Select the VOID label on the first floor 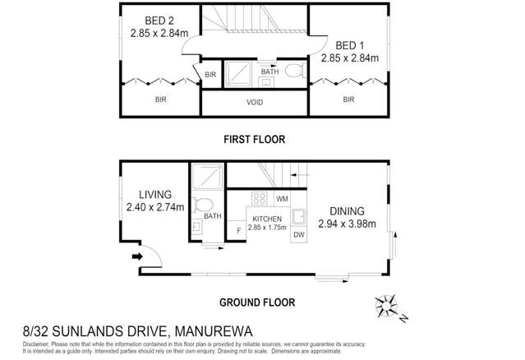click(x=255, y=103)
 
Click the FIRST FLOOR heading click(x=255, y=140)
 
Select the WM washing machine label click(x=282, y=199)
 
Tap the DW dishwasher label click(x=299, y=235)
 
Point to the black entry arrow click(x=137, y=256)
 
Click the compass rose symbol click(x=387, y=307)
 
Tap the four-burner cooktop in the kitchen click(x=260, y=198)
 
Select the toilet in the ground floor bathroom click(x=205, y=205)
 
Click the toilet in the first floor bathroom click(x=294, y=72)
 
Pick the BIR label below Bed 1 click(x=348, y=99)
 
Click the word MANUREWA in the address click(x=218, y=331)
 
